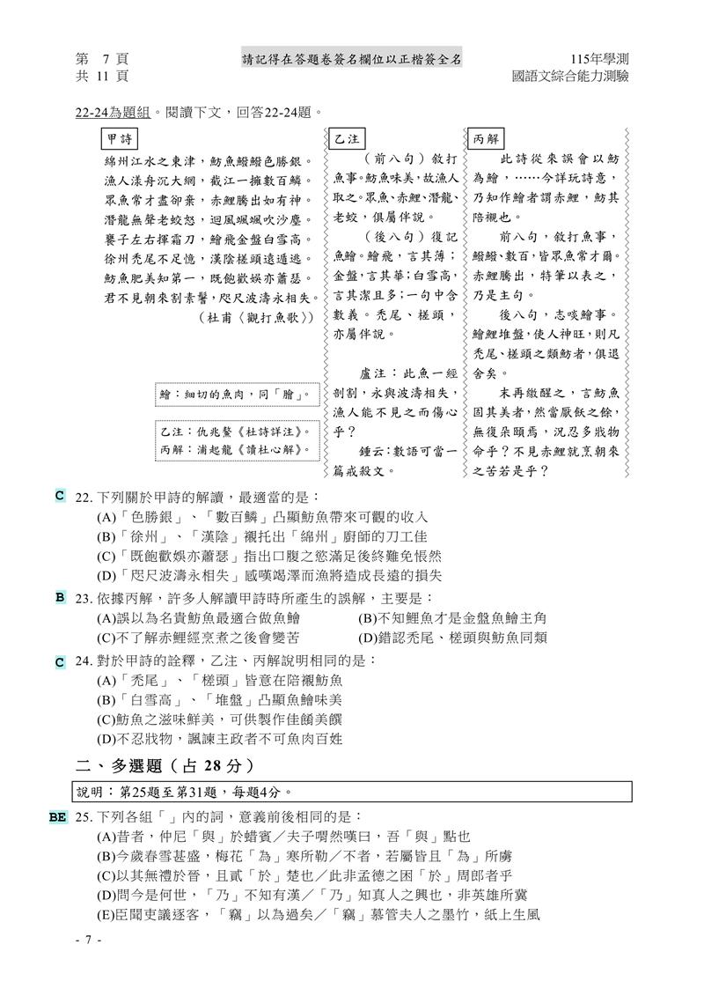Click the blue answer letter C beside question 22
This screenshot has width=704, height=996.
point(60,496)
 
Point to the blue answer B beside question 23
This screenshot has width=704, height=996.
point(60,597)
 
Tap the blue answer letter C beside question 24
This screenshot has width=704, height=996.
point(60,660)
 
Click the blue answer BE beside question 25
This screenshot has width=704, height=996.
point(58,817)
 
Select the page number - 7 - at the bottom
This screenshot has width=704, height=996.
point(88,941)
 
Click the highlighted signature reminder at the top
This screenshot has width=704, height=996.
point(352,59)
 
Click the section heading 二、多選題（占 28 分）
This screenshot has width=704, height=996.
point(165,764)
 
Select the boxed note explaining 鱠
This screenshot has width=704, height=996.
point(232,395)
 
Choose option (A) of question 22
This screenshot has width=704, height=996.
point(261,517)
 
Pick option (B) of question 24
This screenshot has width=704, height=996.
point(219,700)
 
